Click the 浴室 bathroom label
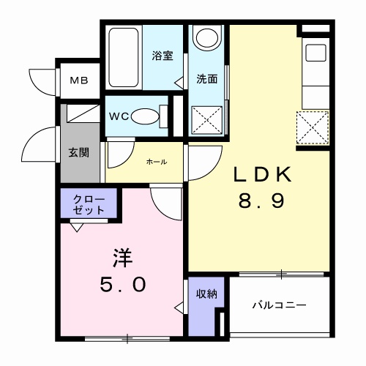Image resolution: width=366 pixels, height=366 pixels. tap(162, 56)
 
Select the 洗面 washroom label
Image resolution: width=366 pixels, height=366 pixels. tap(206, 79)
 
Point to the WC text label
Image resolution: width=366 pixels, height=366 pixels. tap(119, 116)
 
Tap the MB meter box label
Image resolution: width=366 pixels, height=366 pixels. tap(79, 81)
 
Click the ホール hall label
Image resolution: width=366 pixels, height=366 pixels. tap(156, 161)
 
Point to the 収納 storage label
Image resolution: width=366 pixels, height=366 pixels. tap(206, 294)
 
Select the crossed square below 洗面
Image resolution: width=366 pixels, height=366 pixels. tap(206, 119)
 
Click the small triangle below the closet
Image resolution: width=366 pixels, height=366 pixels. tap(76, 226)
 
